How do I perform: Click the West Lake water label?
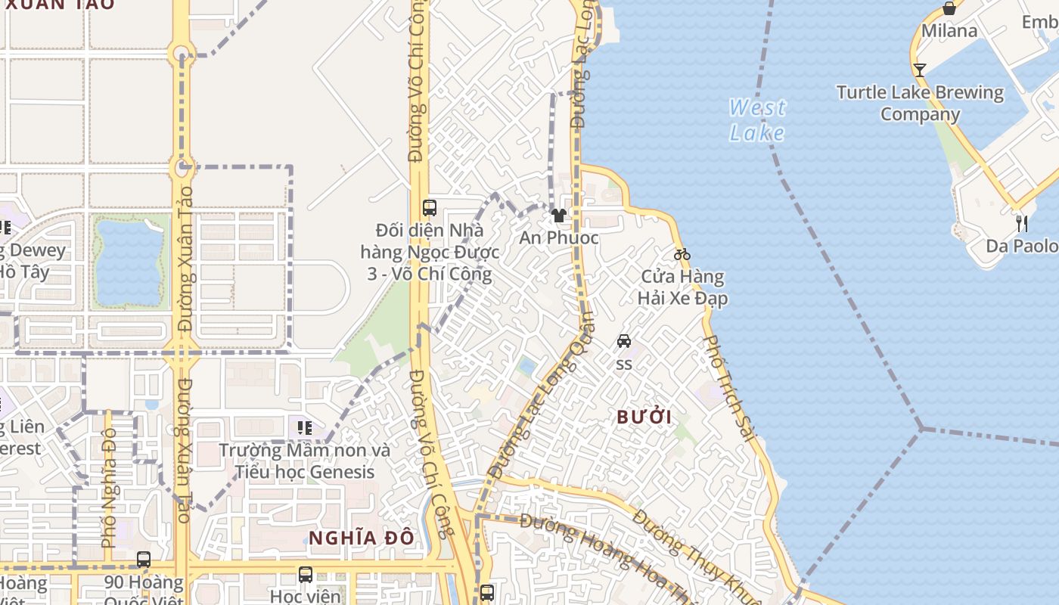coord(757,120)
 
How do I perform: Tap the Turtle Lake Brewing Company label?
coord(920,104)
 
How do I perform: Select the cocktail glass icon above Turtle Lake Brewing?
coord(919,70)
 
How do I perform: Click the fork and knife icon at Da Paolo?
coord(1021,223)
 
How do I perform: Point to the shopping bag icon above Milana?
coord(949,8)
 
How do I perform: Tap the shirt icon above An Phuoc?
coord(559,216)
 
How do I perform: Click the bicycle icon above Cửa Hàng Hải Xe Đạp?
coord(682,254)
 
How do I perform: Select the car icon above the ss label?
coord(624,341)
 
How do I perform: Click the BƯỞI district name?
coord(644,417)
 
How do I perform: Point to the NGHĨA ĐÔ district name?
coord(362,538)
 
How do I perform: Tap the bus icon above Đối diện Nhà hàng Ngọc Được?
coord(430,207)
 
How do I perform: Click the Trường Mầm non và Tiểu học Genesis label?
coord(304,461)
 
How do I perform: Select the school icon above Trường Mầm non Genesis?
coord(305,428)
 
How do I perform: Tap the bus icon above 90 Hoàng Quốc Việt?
coord(144,560)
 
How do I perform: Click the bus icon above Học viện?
coord(305,575)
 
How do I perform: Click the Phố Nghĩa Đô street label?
coord(108,488)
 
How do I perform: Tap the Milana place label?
coord(949,31)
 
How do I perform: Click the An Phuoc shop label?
coord(559,237)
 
